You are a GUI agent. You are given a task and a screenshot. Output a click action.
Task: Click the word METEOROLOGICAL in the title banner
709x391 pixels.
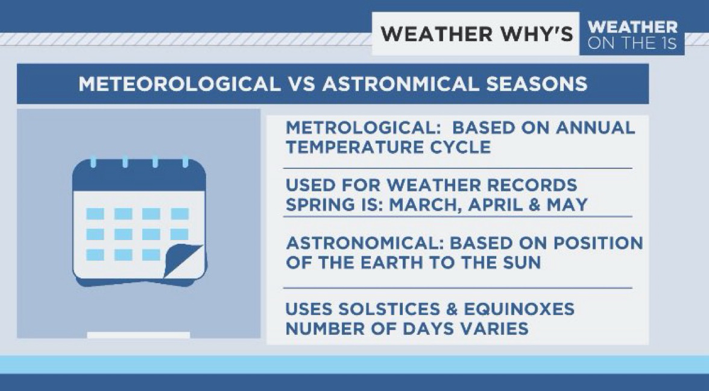click(179, 84)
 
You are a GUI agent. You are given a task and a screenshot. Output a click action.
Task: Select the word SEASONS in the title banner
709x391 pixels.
click(537, 84)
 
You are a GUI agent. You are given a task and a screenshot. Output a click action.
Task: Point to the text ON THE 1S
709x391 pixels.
click(632, 42)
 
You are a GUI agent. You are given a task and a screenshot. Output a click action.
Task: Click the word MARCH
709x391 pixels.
click(426, 205)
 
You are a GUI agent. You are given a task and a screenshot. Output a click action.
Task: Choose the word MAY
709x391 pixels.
click(567, 205)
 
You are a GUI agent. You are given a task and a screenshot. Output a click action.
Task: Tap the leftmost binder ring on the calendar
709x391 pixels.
click(93, 162)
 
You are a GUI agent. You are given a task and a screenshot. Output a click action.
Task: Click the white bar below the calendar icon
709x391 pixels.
click(139, 335)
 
